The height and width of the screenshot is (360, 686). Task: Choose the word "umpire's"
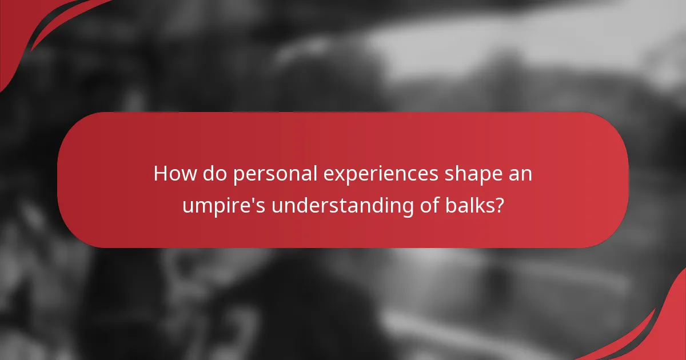pyautogui.click(x=224, y=206)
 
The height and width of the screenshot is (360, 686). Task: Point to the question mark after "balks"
pyautogui.click(x=500, y=205)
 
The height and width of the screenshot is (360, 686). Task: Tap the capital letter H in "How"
pyautogui.click(x=160, y=174)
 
